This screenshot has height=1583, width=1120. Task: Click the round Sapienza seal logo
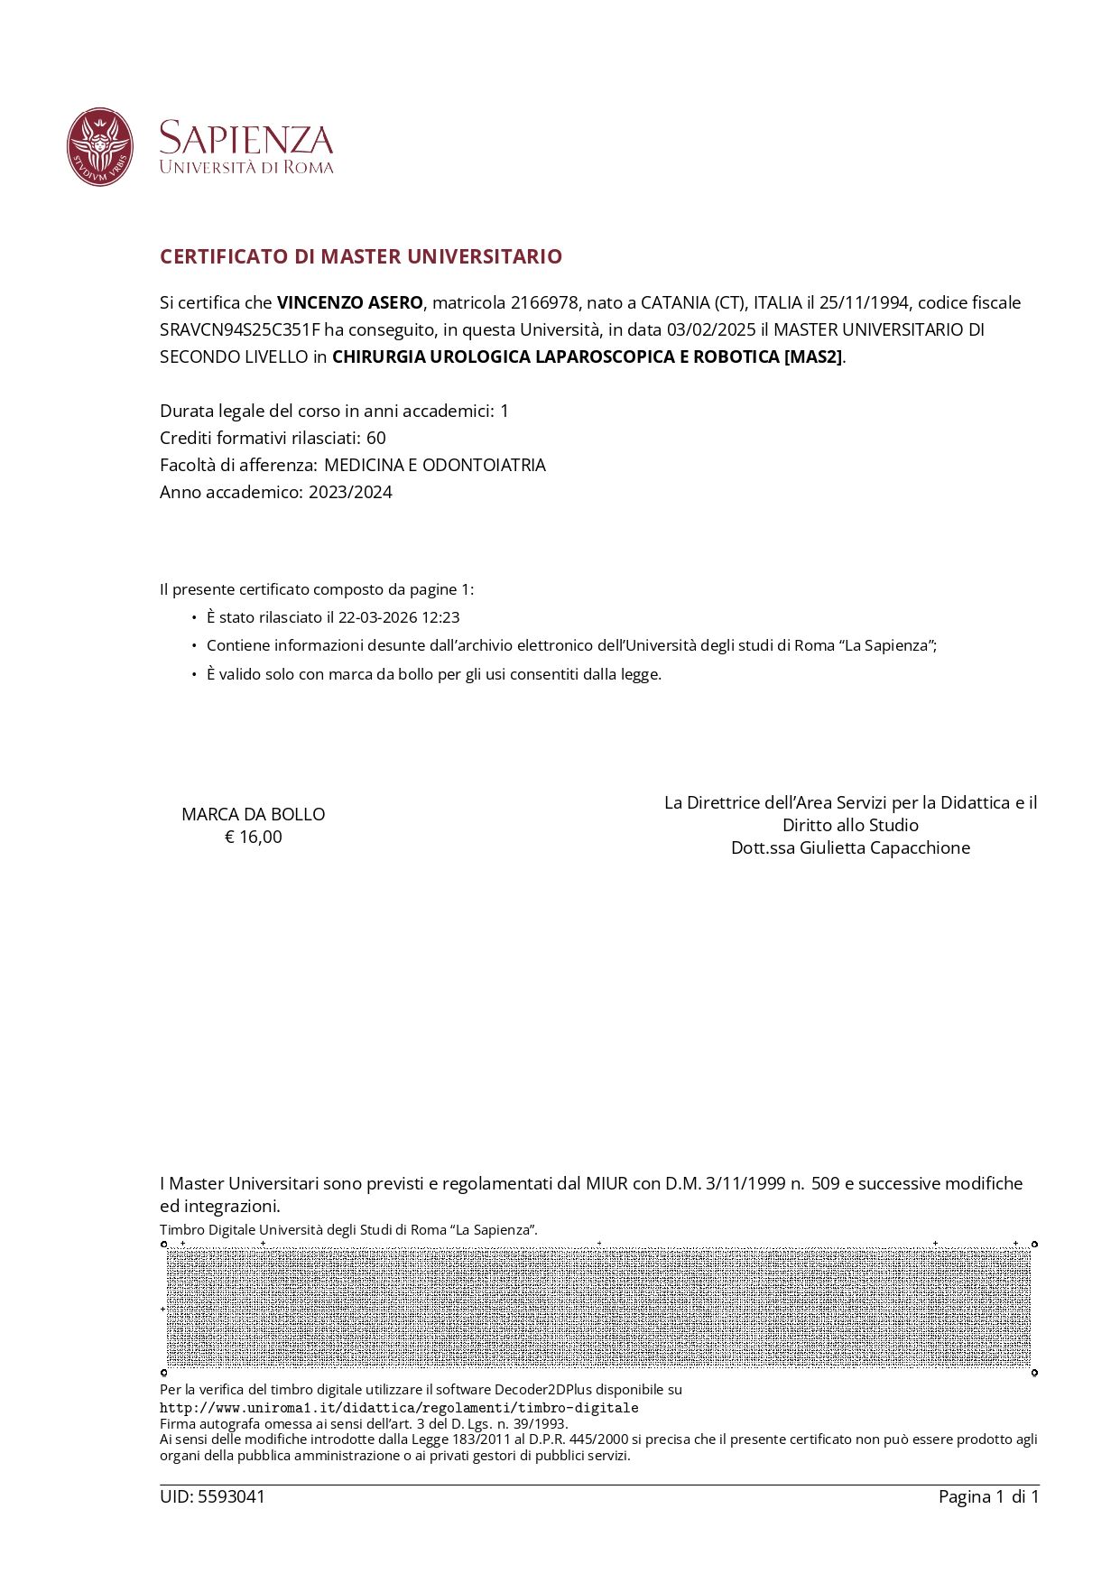click(100, 147)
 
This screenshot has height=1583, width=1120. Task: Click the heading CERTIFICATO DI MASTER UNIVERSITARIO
click(361, 256)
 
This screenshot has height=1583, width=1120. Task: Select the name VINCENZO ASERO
click(349, 302)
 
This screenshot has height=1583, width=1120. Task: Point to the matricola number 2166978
click(544, 302)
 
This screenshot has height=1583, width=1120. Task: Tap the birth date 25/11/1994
click(864, 302)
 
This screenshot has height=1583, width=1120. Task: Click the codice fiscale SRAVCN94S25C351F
click(239, 329)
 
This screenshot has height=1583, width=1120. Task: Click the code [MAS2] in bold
click(813, 356)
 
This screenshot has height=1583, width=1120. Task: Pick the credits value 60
click(376, 438)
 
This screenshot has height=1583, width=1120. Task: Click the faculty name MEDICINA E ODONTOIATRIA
click(435, 465)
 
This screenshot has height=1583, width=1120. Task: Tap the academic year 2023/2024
click(350, 492)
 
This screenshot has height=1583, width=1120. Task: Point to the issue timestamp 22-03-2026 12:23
click(399, 617)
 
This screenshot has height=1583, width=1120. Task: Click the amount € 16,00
click(254, 837)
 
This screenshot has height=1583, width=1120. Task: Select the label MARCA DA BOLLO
click(254, 814)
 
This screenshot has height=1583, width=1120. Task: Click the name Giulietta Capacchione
click(884, 847)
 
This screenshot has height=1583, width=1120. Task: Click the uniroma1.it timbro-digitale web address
click(399, 1407)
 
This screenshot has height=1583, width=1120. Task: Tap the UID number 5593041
click(231, 1496)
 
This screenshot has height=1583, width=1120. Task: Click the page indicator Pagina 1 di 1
click(988, 1496)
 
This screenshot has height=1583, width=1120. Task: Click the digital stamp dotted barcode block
click(598, 1308)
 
